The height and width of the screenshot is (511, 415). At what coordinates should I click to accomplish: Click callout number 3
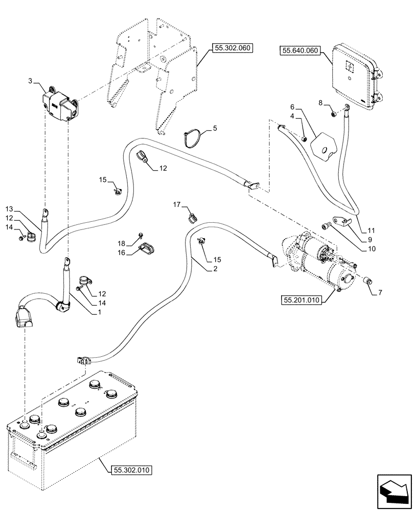point(30,81)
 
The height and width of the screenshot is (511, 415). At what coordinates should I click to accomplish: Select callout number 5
point(215,129)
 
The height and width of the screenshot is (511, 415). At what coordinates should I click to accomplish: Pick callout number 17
point(176,205)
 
